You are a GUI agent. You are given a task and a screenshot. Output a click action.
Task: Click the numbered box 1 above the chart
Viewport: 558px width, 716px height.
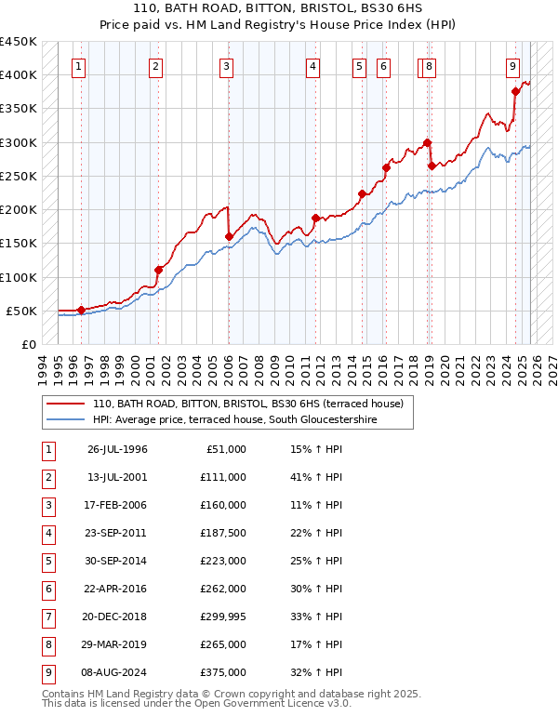click(79, 67)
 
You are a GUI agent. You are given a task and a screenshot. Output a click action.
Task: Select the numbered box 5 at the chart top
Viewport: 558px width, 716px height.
click(359, 67)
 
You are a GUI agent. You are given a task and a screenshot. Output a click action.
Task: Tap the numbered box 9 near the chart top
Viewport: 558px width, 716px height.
click(512, 67)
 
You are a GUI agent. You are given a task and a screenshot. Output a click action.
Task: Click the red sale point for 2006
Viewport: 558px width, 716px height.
click(229, 236)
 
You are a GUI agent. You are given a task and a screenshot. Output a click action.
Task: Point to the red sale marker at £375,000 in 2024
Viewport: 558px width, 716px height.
click(515, 91)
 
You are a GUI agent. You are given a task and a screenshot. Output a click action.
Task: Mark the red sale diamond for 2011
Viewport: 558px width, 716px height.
click(316, 218)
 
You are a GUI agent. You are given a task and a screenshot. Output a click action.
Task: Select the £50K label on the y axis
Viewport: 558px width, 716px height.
click(22, 311)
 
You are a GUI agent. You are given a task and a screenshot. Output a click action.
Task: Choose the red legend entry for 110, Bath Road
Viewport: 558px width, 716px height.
click(247, 404)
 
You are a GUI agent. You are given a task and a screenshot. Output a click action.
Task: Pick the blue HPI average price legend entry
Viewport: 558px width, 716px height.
click(251, 420)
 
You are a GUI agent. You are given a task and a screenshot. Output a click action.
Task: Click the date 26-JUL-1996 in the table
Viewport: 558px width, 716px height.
click(117, 449)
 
